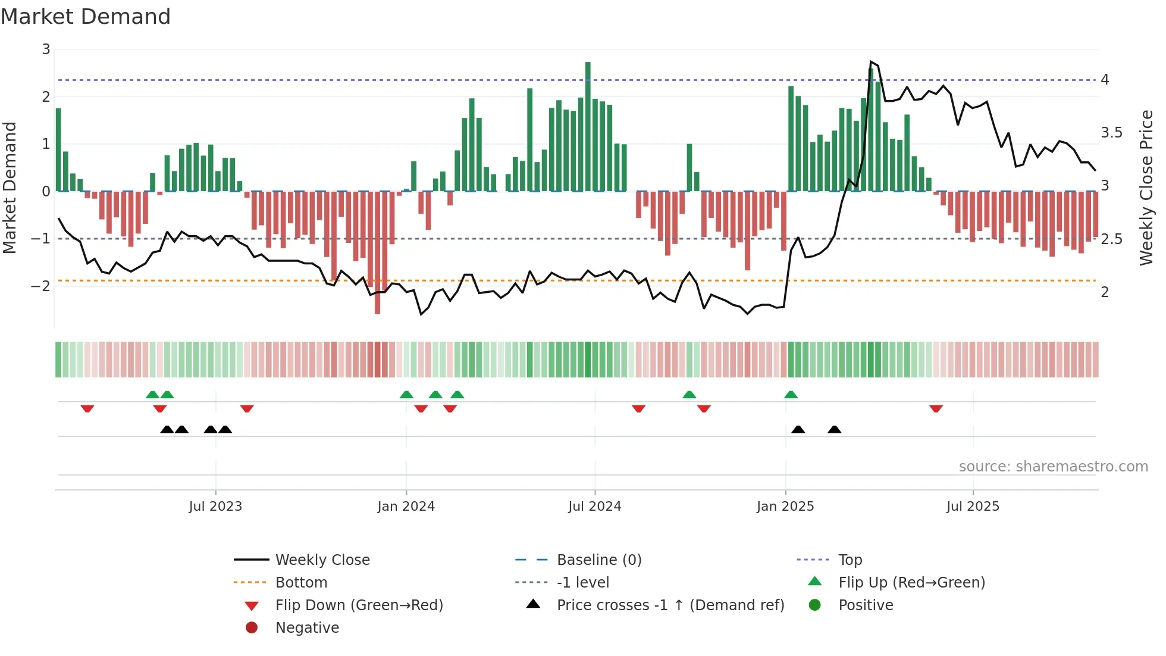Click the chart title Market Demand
click(86, 17)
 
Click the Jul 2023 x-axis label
click(215, 507)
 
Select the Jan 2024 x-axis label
click(406, 507)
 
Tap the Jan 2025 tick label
click(785, 507)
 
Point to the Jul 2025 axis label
click(973, 507)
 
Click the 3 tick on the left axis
click(46, 49)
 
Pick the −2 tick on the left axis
click(41, 286)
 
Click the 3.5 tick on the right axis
click(1111, 133)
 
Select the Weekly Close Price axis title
click(1146, 188)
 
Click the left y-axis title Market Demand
click(10, 188)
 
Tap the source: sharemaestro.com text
click(1053, 467)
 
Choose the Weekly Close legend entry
click(322, 560)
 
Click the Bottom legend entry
click(301, 583)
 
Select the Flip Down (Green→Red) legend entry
click(359, 605)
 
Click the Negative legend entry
click(307, 628)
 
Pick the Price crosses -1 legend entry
click(670, 605)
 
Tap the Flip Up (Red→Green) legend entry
click(911, 583)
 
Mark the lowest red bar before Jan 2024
click(377, 252)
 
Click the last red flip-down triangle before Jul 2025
click(936, 408)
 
